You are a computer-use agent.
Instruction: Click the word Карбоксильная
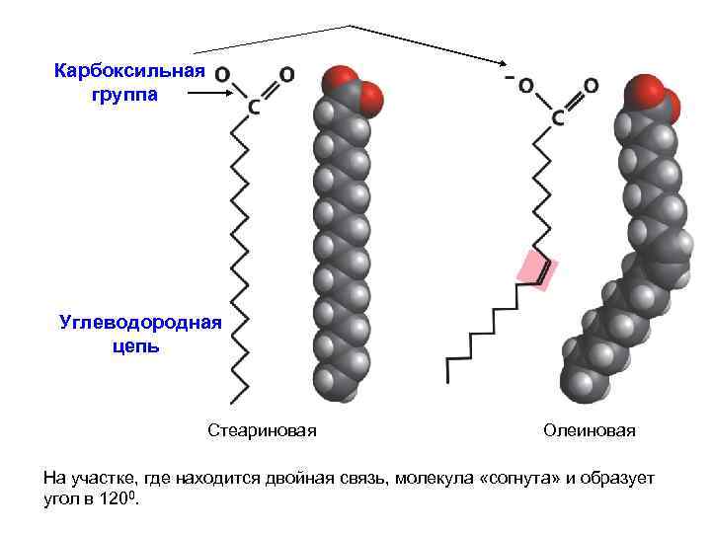129,71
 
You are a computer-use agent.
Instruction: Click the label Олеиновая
590,431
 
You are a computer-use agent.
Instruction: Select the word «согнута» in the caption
516,479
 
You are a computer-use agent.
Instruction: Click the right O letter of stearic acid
286,74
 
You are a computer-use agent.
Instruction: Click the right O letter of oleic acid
591,87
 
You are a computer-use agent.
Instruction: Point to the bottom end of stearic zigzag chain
234,401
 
